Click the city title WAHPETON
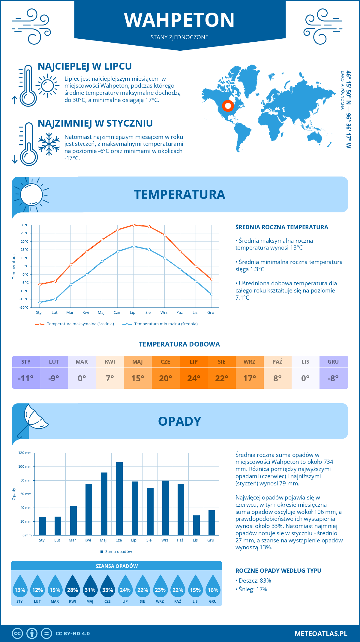coord(179,20)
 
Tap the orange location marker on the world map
coord(228,106)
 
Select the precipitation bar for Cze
coord(119,499)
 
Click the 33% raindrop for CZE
coord(107,590)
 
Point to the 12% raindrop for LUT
coord(37,590)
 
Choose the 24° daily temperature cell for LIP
coord(193,378)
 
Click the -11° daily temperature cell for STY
coord(26,378)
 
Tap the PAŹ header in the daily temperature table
coord(277,362)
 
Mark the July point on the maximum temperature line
coord(133,225)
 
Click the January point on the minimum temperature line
coord(40,302)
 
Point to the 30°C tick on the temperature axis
coord(25,225)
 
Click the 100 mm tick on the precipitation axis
coord(25,466)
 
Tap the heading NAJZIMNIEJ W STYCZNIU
coord(95,123)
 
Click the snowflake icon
coord(49,144)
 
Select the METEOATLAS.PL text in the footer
coord(321,634)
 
